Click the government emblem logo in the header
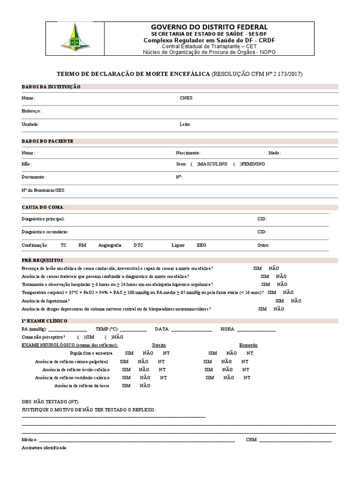tap(75, 38)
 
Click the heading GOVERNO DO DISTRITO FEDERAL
tap(209, 27)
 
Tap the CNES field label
tap(187, 98)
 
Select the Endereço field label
tap(31, 111)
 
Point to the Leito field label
tap(185, 125)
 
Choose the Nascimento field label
tap(188, 153)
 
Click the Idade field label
tap(274, 153)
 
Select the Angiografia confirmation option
tap(110, 245)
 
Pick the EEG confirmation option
tap(201, 245)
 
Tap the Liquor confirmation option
tap(178, 245)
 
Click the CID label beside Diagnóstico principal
tap(262, 219)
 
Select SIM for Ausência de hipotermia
tap(280, 301)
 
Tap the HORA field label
tap(228, 330)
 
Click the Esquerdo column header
tap(248, 345)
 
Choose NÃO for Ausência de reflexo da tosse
tap(145, 386)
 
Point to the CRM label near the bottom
tap(251, 440)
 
